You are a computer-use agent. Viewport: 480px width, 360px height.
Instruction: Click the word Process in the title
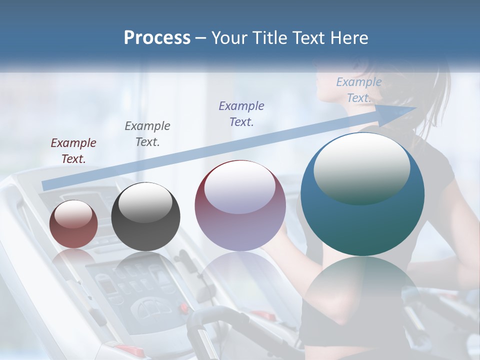tap(157, 38)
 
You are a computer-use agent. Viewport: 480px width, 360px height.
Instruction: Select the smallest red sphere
tap(74, 224)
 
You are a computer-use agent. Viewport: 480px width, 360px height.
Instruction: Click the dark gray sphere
tap(145, 216)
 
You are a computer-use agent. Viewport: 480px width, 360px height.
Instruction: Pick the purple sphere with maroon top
tap(240, 205)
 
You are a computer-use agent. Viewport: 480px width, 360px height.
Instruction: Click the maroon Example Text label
tap(73, 150)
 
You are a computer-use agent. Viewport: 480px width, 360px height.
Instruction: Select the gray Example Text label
tap(147, 133)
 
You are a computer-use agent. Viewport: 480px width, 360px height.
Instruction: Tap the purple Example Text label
tap(241, 113)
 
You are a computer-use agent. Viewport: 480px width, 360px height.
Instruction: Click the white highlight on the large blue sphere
tap(361, 167)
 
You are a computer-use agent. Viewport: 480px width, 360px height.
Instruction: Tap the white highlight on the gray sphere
tap(145, 202)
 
